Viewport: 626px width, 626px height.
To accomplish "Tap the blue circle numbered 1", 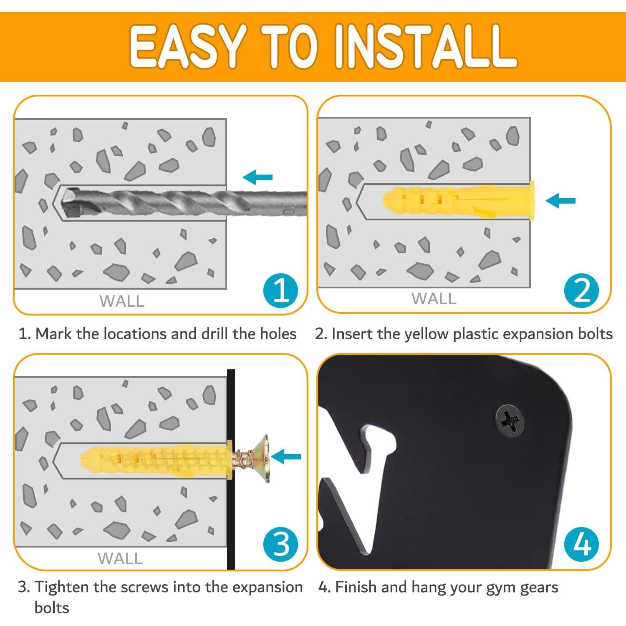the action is [x=281, y=290].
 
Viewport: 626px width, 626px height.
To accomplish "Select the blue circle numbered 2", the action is [x=582, y=290].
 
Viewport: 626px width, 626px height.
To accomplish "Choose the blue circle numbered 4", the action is [x=582, y=545].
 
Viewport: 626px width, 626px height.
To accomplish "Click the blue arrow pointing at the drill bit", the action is [x=257, y=177].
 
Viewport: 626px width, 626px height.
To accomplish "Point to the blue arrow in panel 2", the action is [x=560, y=201].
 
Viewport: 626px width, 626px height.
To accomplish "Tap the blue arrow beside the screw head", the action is [x=286, y=456].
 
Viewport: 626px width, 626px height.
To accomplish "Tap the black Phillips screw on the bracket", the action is [x=510, y=421].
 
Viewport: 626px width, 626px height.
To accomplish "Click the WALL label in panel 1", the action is [x=122, y=301].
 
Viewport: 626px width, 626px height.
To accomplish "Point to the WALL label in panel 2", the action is [x=434, y=299].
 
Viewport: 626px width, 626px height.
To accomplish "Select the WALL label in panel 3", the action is [x=120, y=559].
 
